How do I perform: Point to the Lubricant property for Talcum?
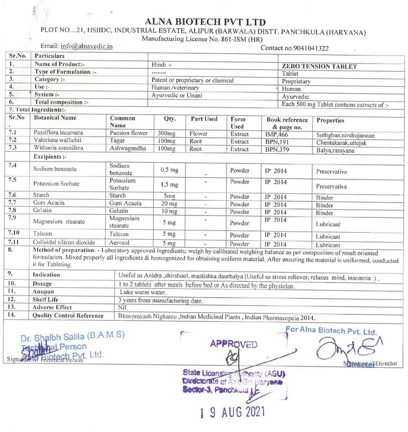[328, 236]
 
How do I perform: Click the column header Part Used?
[204, 119]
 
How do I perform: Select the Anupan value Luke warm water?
[143, 293]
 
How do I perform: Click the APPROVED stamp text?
[234, 343]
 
